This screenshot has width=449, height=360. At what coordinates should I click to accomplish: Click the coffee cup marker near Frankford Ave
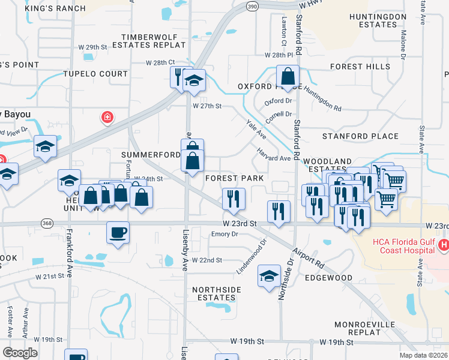118,232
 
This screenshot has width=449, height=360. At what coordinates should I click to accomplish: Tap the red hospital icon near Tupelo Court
107,117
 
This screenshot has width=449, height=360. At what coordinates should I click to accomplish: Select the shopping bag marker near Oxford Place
288,77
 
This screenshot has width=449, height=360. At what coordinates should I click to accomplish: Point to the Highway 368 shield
46,223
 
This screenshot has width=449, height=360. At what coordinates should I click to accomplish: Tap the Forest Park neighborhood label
235,179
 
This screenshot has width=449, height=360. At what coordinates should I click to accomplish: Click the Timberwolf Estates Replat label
153,41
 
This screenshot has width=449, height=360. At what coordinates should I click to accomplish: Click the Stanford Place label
352,136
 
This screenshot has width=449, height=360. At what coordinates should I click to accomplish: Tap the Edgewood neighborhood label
329,278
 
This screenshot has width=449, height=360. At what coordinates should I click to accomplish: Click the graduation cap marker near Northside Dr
269,275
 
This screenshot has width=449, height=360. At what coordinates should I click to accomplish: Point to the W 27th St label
207,106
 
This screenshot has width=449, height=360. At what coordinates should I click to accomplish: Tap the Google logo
20,352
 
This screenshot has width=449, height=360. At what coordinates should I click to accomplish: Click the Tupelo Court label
96,74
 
